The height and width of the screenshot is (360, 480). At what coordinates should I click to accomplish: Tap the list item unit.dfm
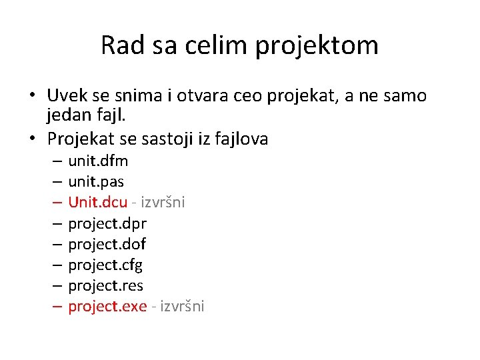point(98,161)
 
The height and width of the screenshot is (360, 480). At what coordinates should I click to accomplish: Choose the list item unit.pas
point(96,181)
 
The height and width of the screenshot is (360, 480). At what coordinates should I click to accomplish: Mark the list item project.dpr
point(107,223)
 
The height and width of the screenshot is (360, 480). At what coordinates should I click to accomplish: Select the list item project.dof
point(107,244)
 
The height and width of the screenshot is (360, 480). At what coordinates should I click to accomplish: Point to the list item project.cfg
point(105,265)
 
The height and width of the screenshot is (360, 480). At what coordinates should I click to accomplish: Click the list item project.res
point(105,285)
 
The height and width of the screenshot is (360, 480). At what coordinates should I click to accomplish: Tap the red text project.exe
point(107,306)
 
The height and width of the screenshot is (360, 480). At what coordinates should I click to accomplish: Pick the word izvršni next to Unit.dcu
point(163,202)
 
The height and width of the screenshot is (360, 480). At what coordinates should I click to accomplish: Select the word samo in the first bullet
point(405,96)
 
